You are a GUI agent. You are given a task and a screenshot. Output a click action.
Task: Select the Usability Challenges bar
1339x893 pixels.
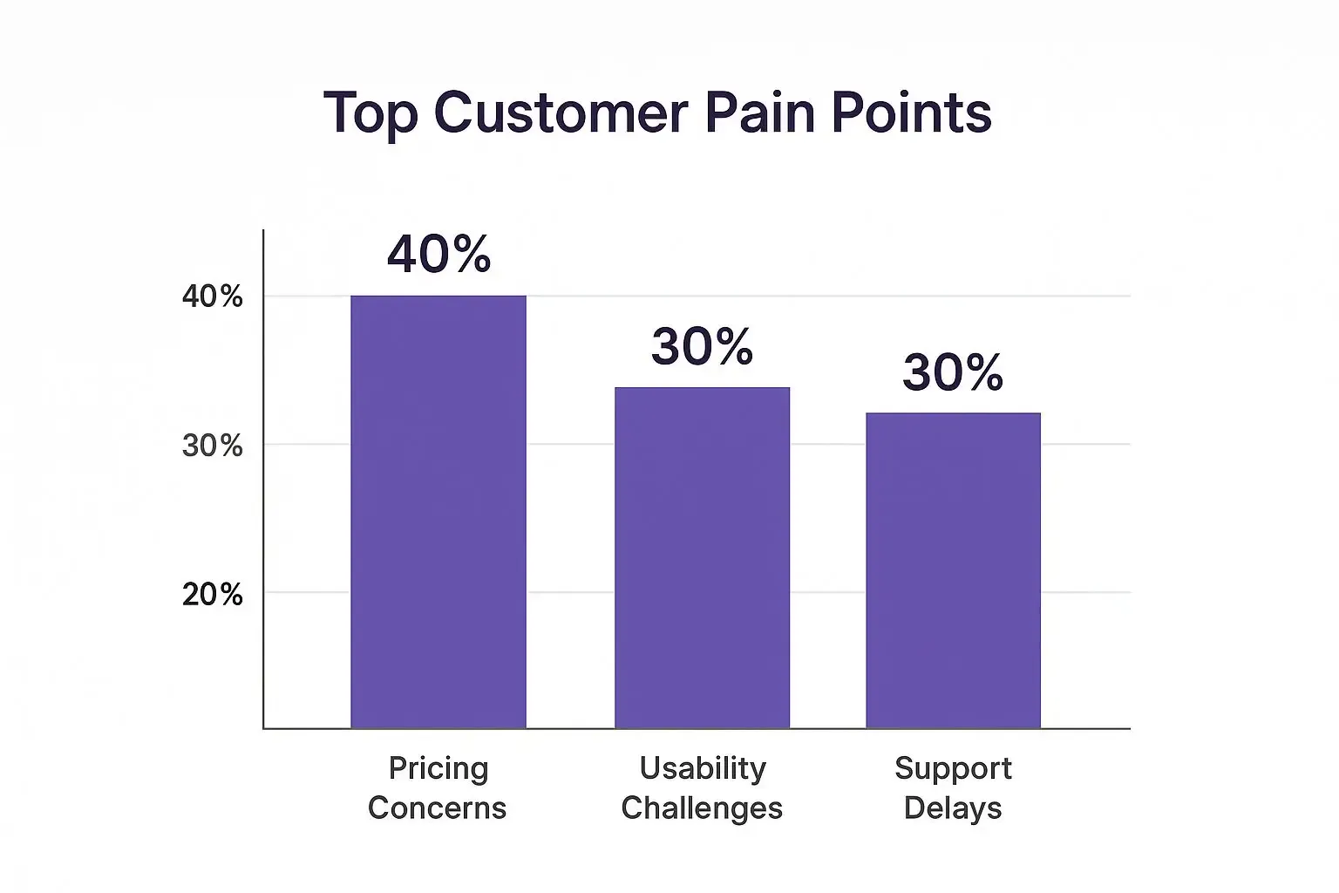click(x=702, y=557)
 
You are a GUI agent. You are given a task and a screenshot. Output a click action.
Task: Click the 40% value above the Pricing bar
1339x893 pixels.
click(x=438, y=255)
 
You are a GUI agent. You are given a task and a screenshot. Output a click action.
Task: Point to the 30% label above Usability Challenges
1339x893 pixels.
click(x=702, y=346)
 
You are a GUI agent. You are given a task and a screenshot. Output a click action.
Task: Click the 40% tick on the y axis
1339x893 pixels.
click(x=212, y=297)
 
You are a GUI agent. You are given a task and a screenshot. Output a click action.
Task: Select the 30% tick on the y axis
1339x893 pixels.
click(x=212, y=446)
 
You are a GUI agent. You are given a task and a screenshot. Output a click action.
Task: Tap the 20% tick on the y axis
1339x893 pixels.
click(x=212, y=595)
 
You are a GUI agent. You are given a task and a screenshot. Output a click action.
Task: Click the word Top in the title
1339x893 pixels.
click(x=370, y=113)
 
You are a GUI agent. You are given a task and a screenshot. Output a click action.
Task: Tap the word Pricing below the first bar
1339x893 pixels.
click(x=438, y=769)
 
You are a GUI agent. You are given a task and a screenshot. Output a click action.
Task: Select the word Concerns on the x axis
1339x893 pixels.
click(x=437, y=808)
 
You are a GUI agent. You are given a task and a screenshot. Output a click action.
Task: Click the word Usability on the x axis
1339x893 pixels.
click(x=702, y=768)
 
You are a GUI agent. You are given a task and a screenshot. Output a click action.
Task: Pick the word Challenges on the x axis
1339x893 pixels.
click(x=702, y=808)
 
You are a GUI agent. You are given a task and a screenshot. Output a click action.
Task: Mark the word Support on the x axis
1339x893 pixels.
click(x=953, y=769)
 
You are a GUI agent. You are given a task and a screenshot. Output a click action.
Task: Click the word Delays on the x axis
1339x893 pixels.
click(x=953, y=808)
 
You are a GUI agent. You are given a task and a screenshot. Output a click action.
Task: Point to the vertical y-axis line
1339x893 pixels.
click(x=263, y=480)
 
